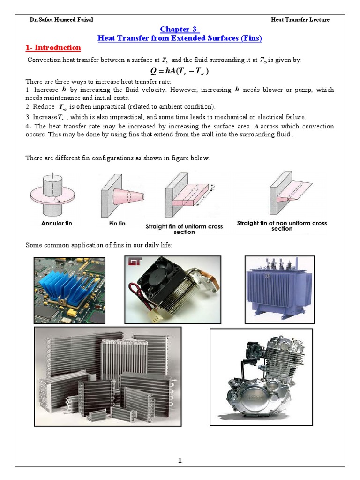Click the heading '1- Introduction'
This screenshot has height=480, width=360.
(x=52, y=48)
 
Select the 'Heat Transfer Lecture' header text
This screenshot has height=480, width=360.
(x=300, y=20)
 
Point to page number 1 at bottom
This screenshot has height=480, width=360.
(x=180, y=461)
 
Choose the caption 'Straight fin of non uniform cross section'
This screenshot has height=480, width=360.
(x=282, y=226)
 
